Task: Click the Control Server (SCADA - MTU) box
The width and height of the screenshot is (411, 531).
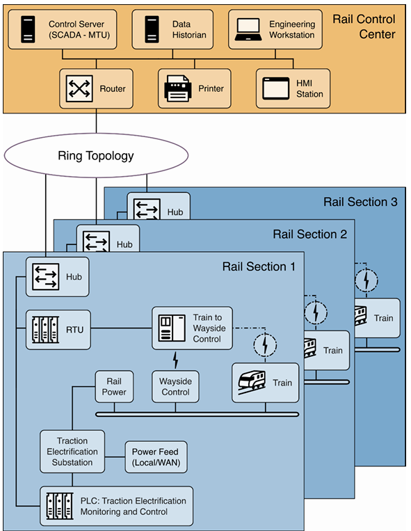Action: [x=63, y=29]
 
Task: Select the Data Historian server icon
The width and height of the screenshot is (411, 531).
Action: [x=152, y=29]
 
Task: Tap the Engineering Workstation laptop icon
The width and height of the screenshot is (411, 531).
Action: [x=248, y=29]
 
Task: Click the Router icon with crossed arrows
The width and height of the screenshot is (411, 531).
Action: [x=79, y=88]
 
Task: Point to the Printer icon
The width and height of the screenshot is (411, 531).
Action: [x=177, y=88]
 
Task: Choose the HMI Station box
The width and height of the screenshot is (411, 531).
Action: [x=293, y=88]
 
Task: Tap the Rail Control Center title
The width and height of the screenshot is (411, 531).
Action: [x=364, y=26]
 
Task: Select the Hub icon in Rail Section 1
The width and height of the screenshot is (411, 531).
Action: [x=46, y=277]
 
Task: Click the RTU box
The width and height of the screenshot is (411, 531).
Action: [x=58, y=329]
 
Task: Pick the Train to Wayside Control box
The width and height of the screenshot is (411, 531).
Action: [x=192, y=328]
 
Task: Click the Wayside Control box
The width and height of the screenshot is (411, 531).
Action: [x=175, y=386]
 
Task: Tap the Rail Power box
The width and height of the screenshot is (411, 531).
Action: [x=114, y=386]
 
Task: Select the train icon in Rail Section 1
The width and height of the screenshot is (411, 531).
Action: [x=252, y=383]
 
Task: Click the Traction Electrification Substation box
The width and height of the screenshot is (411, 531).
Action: [x=72, y=452]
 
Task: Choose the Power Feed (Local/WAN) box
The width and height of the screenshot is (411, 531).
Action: [x=156, y=457]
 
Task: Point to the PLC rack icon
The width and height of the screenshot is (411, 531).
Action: [x=60, y=506]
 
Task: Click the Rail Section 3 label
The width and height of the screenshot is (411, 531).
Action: [x=360, y=202]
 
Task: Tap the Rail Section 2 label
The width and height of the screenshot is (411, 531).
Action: [x=310, y=235]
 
